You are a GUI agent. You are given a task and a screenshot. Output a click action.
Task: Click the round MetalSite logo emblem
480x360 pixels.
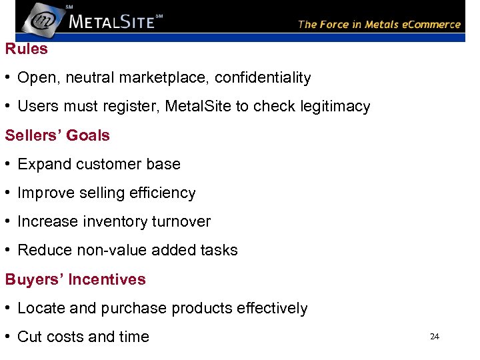pyautogui.click(x=43, y=19)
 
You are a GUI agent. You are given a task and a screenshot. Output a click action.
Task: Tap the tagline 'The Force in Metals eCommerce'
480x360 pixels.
pyautogui.click(x=379, y=24)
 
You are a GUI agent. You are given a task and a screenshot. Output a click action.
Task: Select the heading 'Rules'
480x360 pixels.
pyautogui.click(x=27, y=49)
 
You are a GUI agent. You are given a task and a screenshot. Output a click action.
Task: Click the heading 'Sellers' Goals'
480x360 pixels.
pyautogui.click(x=57, y=135)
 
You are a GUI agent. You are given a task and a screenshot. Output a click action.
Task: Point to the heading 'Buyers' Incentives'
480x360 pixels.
pyautogui.click(x=75, y=279)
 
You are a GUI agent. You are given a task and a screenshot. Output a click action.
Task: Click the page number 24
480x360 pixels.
pyautogui.click(x=435, y=337)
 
